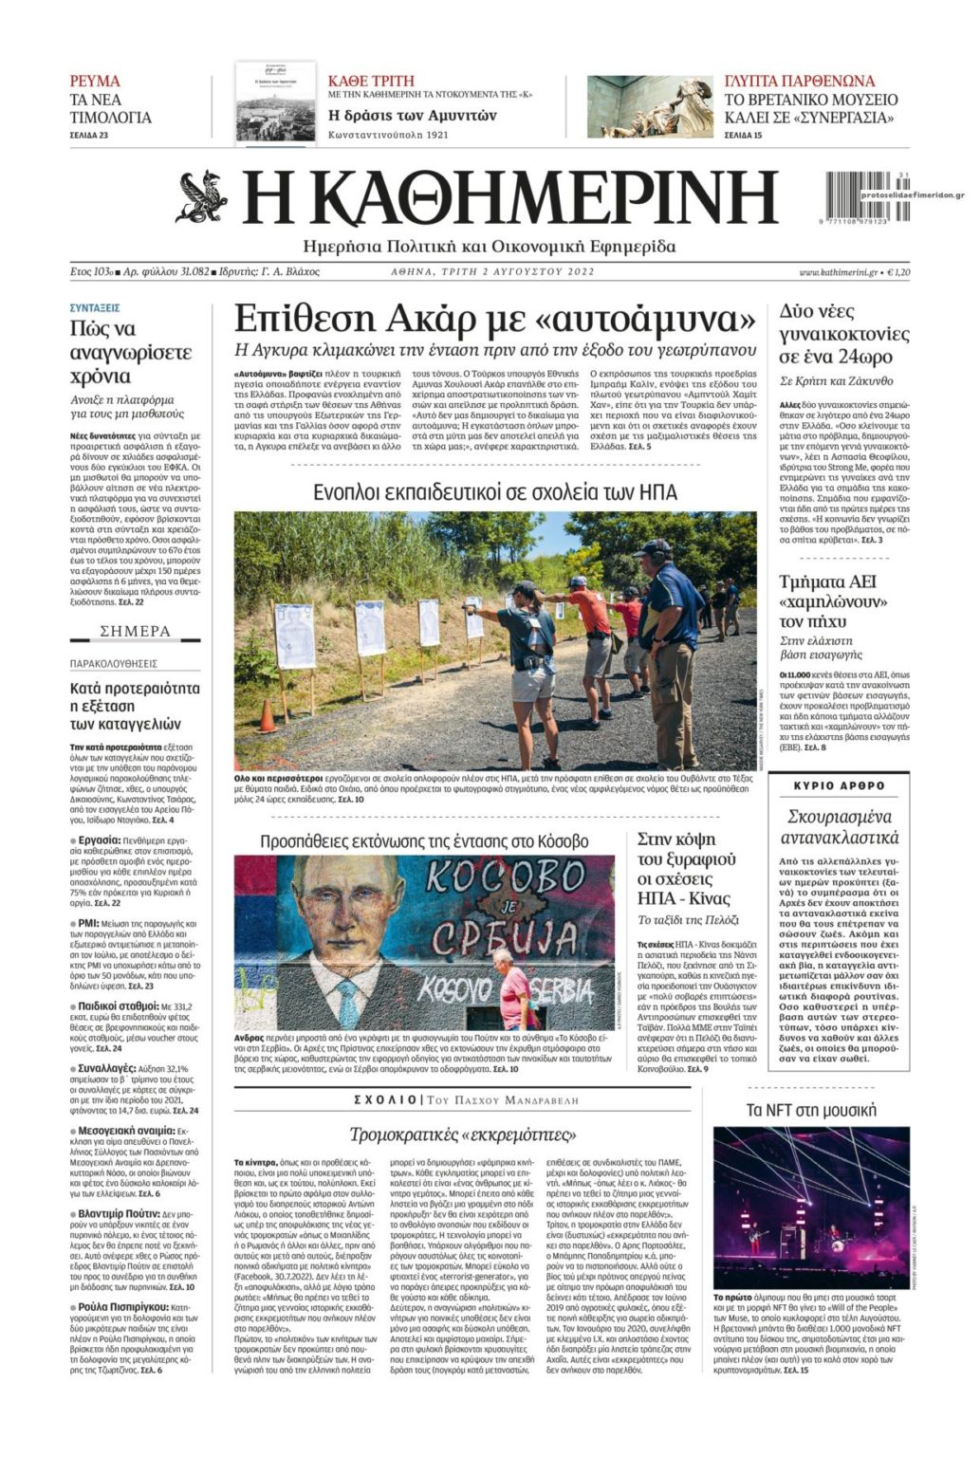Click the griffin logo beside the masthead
pyautogui.click(x=201, y=196)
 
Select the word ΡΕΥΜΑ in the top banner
pyautogui.click(x=95, y=81)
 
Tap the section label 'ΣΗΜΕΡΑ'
pyautogui.click(x=136, y=632)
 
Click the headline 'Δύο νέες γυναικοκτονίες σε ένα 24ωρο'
pyautogui.click(x=843, y=334)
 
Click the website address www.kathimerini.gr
pyautogui.click(x=837, y=272)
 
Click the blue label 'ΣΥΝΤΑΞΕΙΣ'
pyautogui.click(x=95, y=308)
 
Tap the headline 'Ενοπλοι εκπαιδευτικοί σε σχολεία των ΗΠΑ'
pyautogui.click(x=495, y=492)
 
